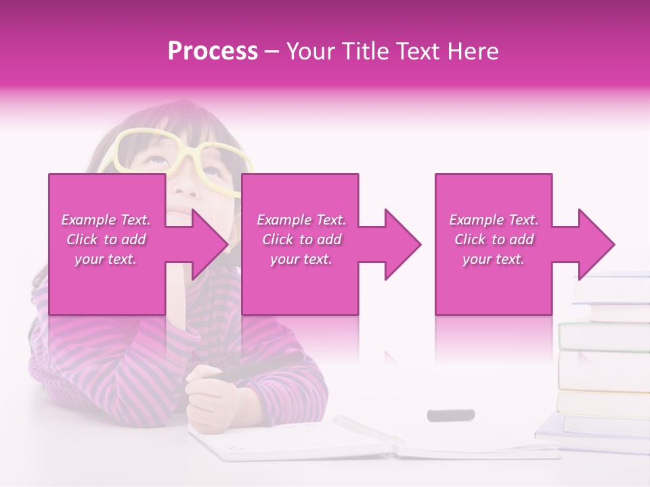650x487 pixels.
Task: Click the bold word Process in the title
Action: (213, 51)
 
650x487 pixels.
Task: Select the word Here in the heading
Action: (471, 51)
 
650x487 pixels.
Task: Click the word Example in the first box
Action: (88, 220)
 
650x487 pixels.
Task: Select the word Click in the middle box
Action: (276, 239)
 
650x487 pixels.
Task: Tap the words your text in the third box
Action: (494, 259)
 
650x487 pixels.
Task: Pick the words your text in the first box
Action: (106, 259)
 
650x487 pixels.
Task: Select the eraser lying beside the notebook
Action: (450, 415)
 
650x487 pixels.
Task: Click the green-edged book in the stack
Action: (603, 335)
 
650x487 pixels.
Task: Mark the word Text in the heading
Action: (415, 51)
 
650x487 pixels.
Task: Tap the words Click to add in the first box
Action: (106, 239)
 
